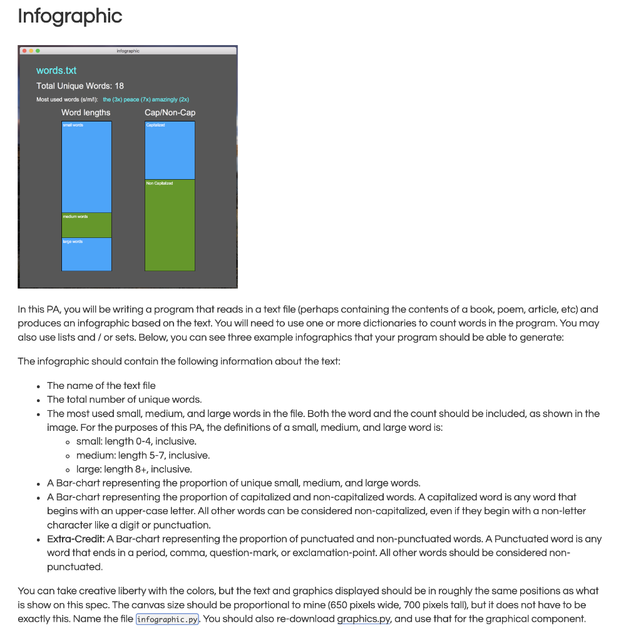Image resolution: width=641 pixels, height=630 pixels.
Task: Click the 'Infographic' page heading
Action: (69, 16)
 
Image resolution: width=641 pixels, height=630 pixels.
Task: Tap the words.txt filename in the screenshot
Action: (56, 71)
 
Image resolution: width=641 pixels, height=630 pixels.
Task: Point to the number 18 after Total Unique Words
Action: (119, 86)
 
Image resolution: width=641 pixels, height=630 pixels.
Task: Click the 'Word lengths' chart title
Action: (86, 113)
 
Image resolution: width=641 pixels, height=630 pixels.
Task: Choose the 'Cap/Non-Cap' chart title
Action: (170, 113)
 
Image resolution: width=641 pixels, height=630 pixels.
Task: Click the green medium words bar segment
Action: (86, 225)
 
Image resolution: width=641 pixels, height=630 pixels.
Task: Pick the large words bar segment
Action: (86, 255)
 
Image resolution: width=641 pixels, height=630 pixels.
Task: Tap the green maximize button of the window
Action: (38, 51)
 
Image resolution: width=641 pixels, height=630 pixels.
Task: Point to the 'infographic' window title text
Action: (128, 51)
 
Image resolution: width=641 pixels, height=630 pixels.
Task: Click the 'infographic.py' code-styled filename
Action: (167, 619)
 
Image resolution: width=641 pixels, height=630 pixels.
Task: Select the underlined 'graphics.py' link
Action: (364, 619)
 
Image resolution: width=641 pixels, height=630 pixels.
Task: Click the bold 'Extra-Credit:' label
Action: (76, 539)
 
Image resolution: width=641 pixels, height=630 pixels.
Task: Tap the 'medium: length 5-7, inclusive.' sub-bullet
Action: (143, 455)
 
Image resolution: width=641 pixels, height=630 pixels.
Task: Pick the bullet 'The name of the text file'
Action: (101, 386)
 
